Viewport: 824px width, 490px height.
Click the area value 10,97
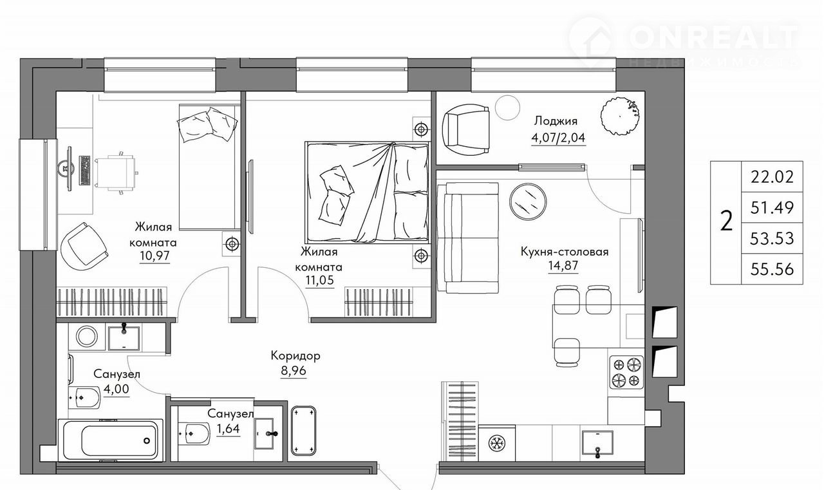pyautogui.click(x=154, y=255)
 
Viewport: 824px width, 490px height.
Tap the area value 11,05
pyautogui.click(x=319, y=280)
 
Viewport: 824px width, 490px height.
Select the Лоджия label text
pyautogui.click(x=556, y=122)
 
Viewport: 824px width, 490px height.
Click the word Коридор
pyautogui.click(x=295, y=355)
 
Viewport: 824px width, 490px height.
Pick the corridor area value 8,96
pyautogui.click(x=293, y=371)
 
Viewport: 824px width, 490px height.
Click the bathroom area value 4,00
pyautogui.click(x=117, y=389)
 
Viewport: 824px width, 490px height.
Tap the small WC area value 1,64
pyautogui.click(x=228, y=429)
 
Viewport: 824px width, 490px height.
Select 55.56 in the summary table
pyautogui.click(x=772, y=270)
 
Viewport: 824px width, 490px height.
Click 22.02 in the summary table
pyautogui.click(x=772, y=177)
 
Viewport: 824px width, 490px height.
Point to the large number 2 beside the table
pyautogui.click(x=726, y=222)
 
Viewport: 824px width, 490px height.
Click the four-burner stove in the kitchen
pyautogui.click(x=626, y=372)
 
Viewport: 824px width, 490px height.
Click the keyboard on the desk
pyautogui.click(x=85, y=171)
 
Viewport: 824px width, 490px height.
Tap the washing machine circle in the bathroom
pyautogui.click(x=86, y=336)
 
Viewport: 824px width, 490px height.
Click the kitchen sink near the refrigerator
pyautogui.click(x=597, y=445)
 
